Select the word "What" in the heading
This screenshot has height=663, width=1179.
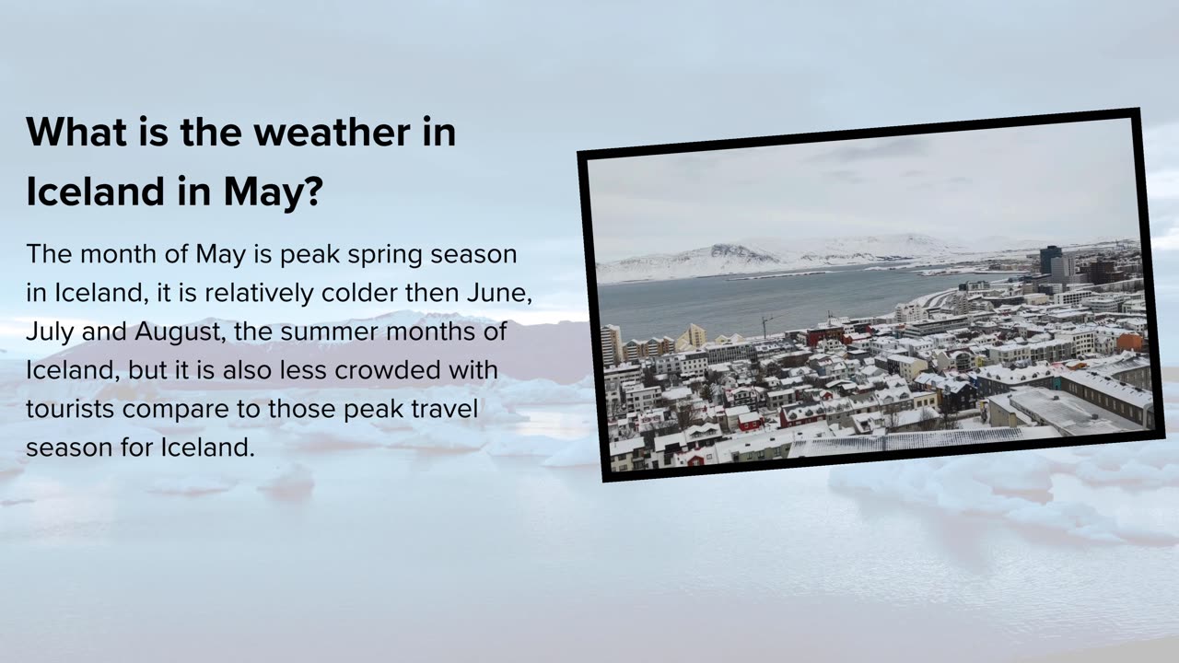pos(76,132)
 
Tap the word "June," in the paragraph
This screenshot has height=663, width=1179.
pos(499,294)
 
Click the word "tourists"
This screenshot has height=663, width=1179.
pos(70,410)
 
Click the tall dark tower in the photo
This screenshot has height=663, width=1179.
pos(1050,260)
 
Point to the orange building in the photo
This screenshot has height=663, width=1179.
pos(1129,343)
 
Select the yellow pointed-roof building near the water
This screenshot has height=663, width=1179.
pos(692,336)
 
